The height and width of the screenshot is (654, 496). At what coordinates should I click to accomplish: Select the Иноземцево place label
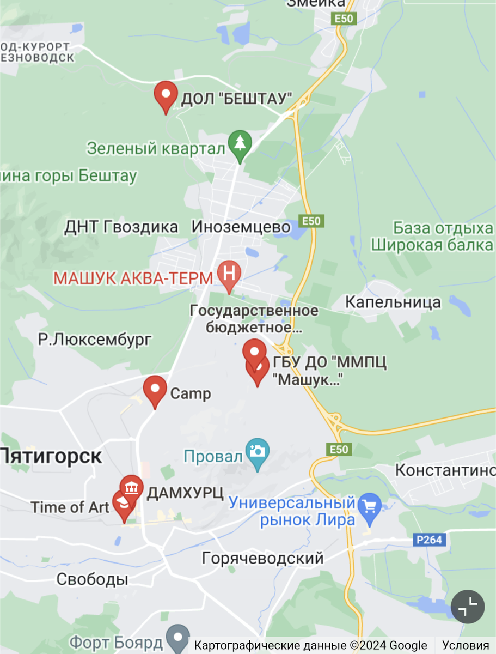pos(241,227)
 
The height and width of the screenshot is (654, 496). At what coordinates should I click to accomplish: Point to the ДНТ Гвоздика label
pos(121,227)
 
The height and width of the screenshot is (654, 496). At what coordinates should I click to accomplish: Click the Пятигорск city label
pos(51,456)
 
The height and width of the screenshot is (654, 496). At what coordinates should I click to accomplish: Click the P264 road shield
pos(430,540)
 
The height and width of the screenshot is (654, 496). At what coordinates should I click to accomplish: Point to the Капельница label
pos(393,302)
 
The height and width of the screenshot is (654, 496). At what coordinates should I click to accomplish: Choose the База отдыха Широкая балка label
pos(432,236)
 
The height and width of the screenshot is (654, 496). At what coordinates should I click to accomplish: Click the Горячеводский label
pos(262,558)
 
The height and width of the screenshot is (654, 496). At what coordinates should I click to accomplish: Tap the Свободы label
pos(93,579)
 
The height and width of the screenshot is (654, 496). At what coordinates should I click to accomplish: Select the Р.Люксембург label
pos(95,340)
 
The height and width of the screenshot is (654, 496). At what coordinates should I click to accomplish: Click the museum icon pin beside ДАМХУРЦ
pos(131,487)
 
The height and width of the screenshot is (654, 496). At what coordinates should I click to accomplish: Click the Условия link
pos(465,646)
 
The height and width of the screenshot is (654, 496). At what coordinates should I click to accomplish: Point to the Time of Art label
pos(70,507)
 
